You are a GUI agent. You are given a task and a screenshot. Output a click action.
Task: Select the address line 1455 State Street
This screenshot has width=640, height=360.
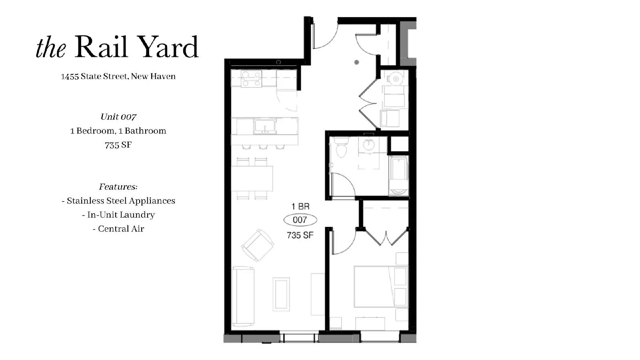[118, 76]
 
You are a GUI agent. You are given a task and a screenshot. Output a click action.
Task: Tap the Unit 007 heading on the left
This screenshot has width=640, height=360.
[118, 117]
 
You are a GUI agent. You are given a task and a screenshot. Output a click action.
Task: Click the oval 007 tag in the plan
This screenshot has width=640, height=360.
[300, 220]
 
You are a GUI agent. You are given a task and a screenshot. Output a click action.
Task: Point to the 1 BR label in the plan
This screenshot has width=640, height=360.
[300, 206]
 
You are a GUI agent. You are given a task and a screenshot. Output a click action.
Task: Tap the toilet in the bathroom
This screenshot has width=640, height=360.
[341, 148]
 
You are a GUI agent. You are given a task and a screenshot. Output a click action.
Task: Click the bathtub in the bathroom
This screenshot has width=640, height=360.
[398, 176]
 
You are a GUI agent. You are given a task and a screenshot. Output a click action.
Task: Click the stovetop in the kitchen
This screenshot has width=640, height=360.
[252, 78]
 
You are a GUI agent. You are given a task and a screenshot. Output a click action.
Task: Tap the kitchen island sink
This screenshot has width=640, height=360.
[264, 126]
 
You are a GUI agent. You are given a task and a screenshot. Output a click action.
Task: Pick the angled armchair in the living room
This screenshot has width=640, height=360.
[258, 245]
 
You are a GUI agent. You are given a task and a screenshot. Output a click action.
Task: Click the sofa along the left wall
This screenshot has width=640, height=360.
[243, 296]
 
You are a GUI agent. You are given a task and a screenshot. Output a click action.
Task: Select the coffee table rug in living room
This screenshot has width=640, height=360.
[281, 294]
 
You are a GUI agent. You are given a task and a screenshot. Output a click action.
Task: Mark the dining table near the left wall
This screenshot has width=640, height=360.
[252, 178]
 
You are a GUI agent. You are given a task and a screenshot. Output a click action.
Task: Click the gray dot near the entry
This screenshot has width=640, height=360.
[356, 62]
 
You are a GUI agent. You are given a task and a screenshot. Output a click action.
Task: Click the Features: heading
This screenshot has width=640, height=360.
[118, 187]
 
